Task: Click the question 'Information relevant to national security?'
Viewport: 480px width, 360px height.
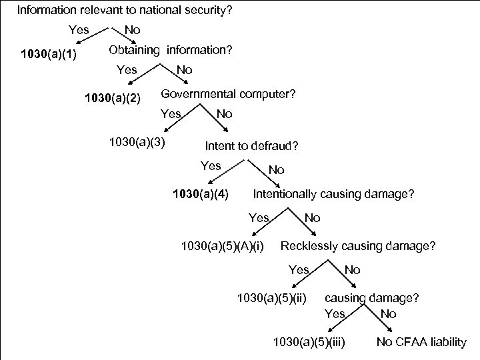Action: click(x=124, y=11)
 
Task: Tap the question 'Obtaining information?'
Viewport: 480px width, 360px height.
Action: click(x=171, y=50)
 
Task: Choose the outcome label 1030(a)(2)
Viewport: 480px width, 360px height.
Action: click(x=113, y=99)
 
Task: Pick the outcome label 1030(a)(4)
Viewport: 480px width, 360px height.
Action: click(x=201, y=195)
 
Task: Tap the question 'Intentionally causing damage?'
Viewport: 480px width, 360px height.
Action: click(x=333, y=194)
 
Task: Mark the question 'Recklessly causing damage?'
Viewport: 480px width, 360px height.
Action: click(x=359, y=246)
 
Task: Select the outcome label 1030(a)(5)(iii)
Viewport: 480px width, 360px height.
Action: click(x=309, y=343)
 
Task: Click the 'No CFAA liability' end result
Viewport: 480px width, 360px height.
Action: click(x=421, y=343)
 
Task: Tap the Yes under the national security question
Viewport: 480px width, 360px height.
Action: click(x=79, y=30)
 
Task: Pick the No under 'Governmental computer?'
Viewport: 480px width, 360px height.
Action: click(x=225, y=114)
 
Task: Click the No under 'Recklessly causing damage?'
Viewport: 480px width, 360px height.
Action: click(x=352, y=270)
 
